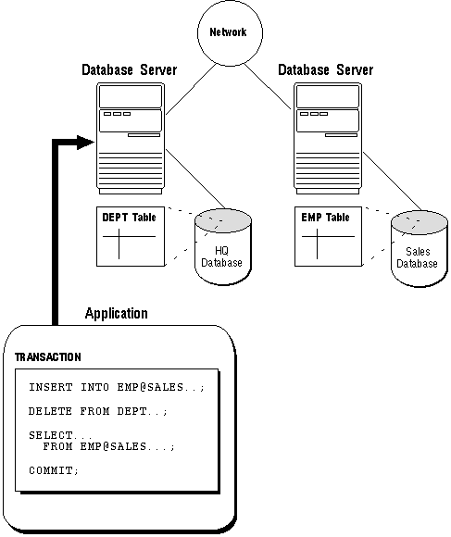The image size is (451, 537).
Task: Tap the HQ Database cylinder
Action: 222,247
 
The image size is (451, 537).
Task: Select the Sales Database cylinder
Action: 420,249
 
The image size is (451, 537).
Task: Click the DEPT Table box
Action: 131,236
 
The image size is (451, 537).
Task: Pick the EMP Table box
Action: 328,236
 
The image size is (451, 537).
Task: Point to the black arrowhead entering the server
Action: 85,143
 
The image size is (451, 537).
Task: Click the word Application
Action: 117,313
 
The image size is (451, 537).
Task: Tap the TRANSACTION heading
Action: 48,357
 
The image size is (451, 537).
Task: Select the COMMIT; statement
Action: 54,470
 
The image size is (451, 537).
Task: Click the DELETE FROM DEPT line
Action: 98,411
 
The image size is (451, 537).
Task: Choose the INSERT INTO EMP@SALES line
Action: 117,387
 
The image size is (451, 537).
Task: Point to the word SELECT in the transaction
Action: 51,435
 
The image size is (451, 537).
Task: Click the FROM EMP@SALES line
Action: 109,446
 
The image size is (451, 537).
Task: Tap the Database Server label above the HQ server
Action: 130,69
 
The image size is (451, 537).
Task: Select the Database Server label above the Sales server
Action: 326,69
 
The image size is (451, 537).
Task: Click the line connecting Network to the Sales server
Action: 268,87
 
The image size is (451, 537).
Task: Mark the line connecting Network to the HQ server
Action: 191,89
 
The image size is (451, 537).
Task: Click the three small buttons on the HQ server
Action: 117,114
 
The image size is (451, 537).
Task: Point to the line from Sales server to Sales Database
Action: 393,181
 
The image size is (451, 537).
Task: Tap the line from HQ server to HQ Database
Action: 195,179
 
